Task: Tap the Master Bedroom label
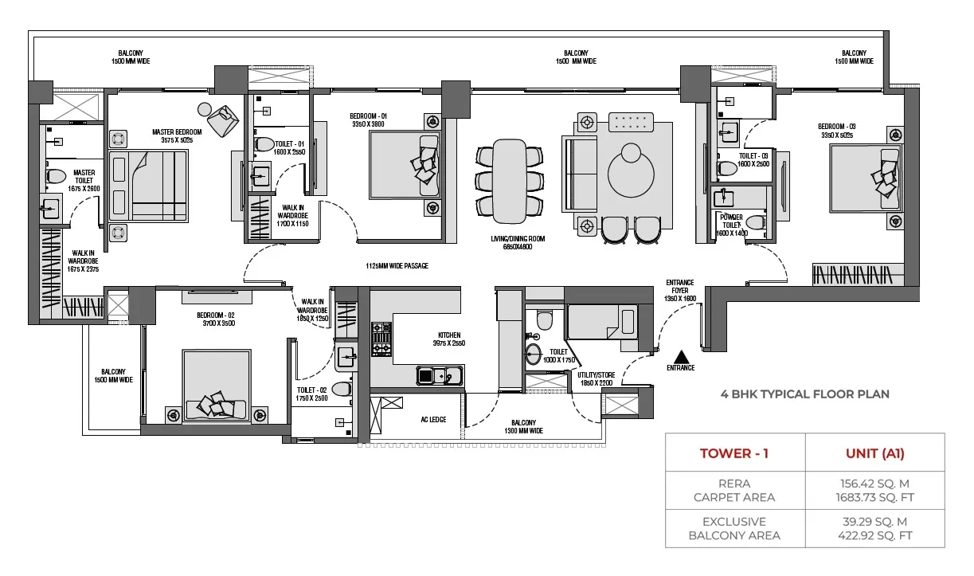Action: tap(177, 135)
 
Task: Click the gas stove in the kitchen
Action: tap(381, 339)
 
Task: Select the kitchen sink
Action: tap(439, 374)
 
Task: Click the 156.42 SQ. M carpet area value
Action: tap(874, 483)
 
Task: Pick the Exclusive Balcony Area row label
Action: tap(735, 527)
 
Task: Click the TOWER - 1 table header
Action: tap(734, 453)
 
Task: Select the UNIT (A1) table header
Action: tap(874, 453)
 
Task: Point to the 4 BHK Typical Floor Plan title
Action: tap(804, 394)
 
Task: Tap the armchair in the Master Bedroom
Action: tap(224, 117)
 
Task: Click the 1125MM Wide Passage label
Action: tap(397, 266)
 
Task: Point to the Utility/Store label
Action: tap(596, 378)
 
